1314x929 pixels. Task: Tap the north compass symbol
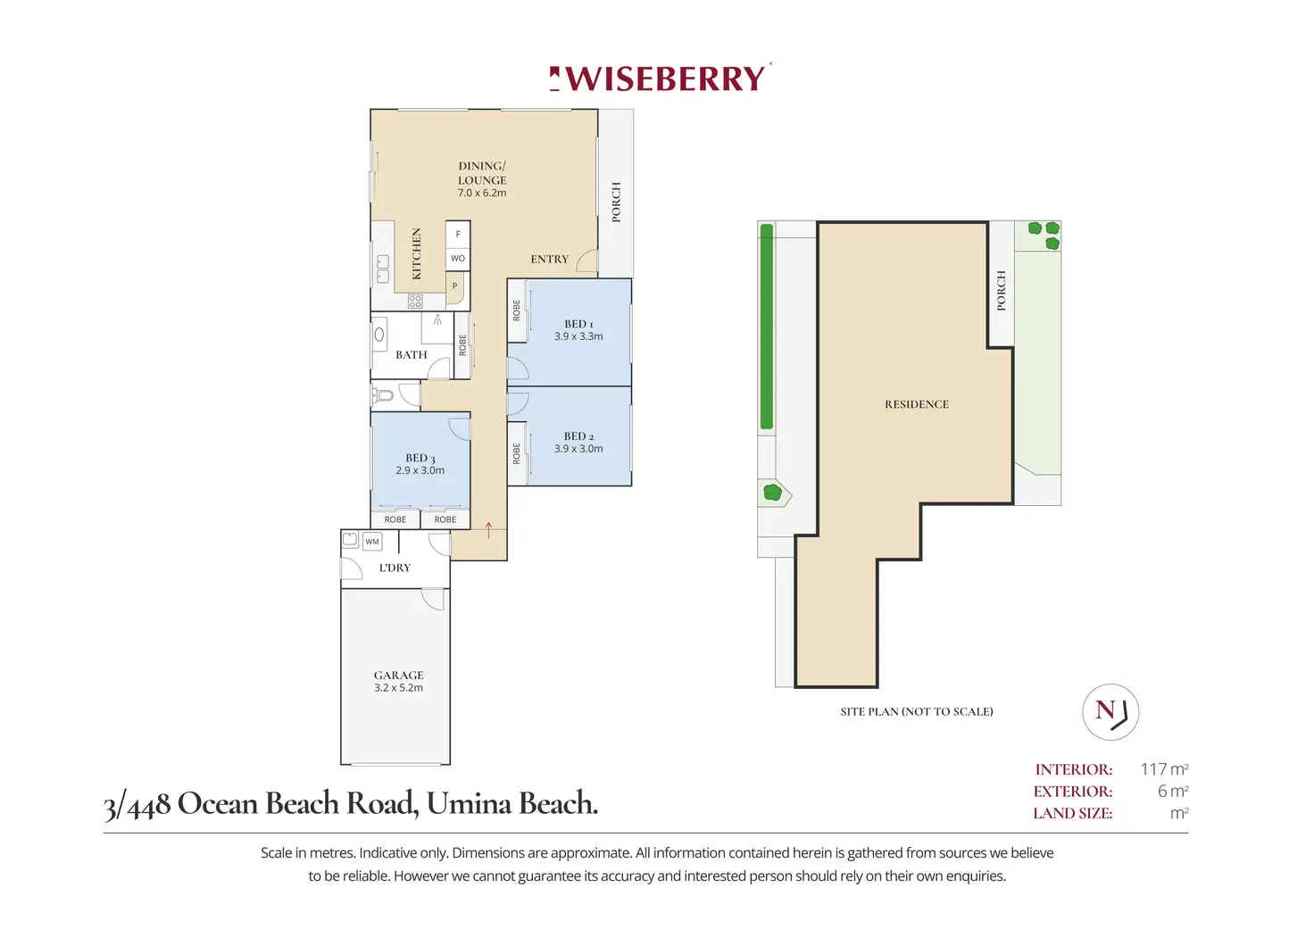tap(1110, 712)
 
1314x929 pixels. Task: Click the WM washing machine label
tap(372, 542)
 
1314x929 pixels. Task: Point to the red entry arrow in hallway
tap(489, 529)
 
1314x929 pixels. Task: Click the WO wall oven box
tap(458, 258)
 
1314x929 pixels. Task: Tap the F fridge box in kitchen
tap(458, 234)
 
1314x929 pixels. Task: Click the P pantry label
tap(455, 286)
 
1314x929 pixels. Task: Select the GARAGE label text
tap(399, 675)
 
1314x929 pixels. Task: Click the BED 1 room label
tap(578, 324)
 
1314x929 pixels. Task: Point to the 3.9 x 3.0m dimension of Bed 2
tap(578, 449)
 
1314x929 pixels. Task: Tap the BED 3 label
tap(420, 458)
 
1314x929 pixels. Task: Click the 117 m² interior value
tap(1164, 769)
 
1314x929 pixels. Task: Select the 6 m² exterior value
tap(1173, 792)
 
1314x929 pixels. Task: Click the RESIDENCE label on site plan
tap(917, 404)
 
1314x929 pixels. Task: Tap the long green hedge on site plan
tap(766, 327)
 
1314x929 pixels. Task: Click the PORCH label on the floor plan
tap(616, 202)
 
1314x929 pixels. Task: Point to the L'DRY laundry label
tap(395, 568)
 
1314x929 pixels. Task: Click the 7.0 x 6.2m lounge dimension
tap(482, 193)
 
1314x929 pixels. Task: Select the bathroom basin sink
tap(379, 335)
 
